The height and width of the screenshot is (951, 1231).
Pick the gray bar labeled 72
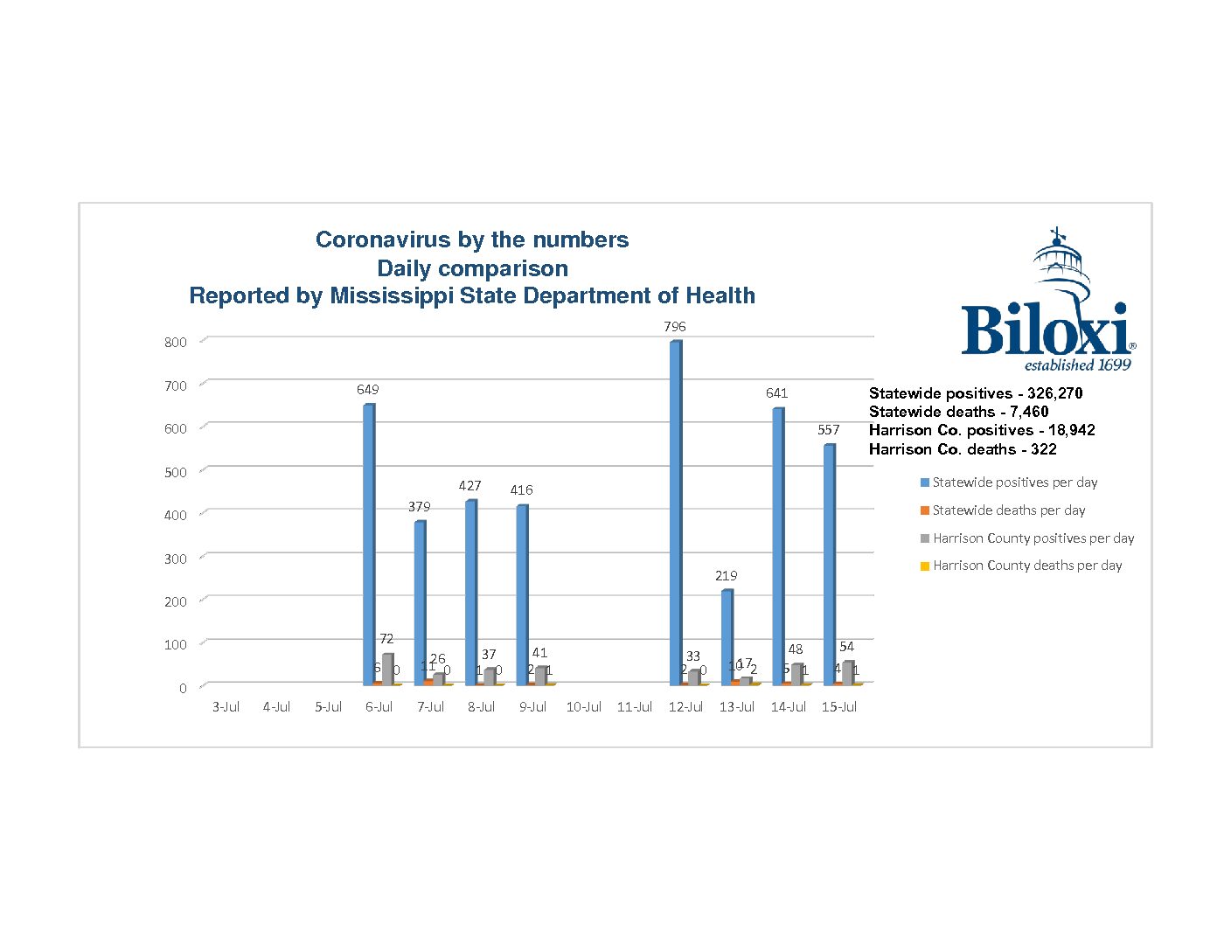click(x=387, y=669)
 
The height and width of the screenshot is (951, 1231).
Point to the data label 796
click(x=674, y=327)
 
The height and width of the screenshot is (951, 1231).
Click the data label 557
click(x=828, y=430)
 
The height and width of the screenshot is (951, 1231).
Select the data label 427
click(x=469, y=486)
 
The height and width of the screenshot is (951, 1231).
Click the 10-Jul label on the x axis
click(x=583, y=707)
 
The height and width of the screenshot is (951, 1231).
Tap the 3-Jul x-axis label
click(x=226, y=707)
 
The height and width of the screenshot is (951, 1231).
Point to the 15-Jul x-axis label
click(x=838, y=707)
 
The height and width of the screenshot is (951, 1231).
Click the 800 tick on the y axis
click(x=176, y=343)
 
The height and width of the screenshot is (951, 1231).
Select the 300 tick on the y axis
click(x=176, y=559)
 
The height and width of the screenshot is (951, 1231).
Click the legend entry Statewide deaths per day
click(x=1008, y=510)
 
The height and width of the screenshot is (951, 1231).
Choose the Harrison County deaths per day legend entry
click(x=1026, y=566)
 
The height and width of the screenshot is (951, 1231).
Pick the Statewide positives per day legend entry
click(x=1014, y=482)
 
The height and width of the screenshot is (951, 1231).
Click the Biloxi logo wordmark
click(x=1045, y=330)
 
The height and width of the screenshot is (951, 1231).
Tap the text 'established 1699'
click(x=1077, y=365)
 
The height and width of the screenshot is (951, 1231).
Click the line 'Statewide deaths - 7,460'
click(x=958, y=412)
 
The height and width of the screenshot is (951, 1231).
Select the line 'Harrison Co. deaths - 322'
click(x=963, y=449)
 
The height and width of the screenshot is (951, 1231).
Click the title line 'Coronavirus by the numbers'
click(x=472, y=240)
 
